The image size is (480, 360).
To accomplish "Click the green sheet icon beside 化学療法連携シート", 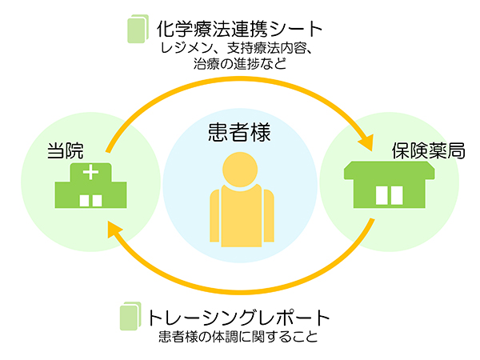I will [x=138, y=30].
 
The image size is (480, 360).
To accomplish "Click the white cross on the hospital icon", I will [x=90, y=171].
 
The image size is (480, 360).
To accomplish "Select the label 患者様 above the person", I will [x=239, y=131].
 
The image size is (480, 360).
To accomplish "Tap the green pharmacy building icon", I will [x=388, y=186].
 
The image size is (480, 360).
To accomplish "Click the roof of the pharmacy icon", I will [x=388, y=170].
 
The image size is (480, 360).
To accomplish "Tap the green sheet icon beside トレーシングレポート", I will [x=130, y=316].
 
